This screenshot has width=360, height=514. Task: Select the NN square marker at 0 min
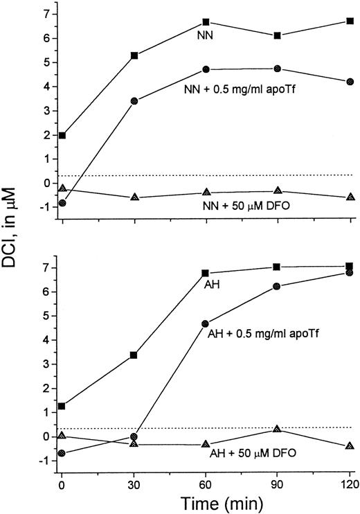(62, 135)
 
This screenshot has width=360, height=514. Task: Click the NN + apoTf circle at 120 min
(349, 82)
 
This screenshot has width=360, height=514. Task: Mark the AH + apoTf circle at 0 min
(62, 453)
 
